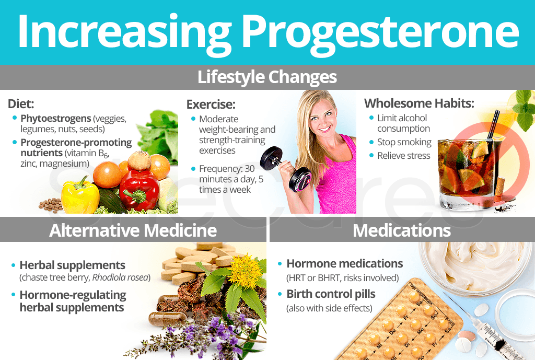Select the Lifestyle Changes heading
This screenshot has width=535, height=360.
click(267, 77)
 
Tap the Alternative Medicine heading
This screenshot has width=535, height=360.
click(133, 230)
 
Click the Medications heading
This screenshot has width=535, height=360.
click(402, 230)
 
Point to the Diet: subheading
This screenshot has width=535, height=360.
click(21, 104)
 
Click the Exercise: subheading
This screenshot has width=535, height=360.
click(211, 104)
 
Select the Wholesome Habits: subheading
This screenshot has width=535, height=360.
click(419, 103)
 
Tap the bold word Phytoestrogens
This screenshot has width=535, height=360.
click(55, 119)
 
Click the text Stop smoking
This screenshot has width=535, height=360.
click(404, 142)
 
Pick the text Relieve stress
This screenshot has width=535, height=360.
click(404, 156)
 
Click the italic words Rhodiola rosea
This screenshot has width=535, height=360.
click(120, 277)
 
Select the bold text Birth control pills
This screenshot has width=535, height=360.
click(331, 294)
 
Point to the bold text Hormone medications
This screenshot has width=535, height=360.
click(345, 263)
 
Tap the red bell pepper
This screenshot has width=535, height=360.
click(139, 189)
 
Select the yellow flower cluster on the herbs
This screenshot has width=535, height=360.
click(245, 271)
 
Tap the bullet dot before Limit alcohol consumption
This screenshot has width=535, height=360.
click(371, 118)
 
